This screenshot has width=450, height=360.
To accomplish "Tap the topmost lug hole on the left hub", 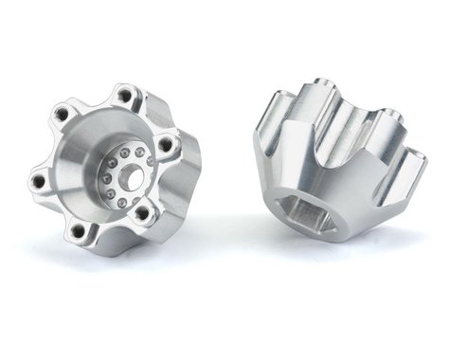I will click(124, 95).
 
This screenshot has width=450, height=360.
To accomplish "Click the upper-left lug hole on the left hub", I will click(63, 115).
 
